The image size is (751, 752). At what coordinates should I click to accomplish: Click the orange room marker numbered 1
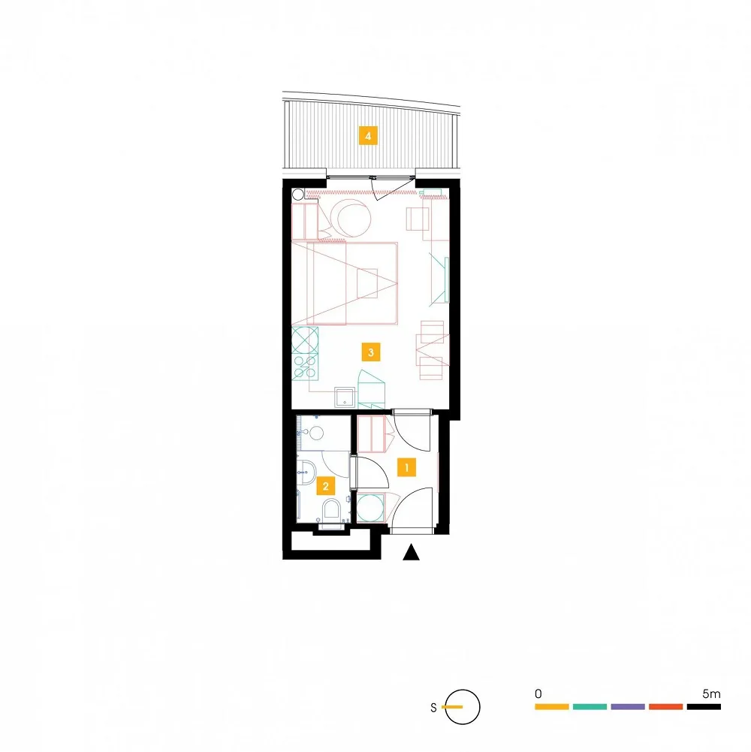point(406,467)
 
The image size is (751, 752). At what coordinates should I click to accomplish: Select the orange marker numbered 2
point(326,486)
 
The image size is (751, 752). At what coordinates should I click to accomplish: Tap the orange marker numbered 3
point(371,352)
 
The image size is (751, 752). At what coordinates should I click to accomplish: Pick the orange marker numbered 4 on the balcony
point(368,136)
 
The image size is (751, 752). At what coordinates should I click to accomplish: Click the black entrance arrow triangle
point(411,552)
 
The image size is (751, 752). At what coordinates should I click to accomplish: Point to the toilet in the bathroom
point(331,512)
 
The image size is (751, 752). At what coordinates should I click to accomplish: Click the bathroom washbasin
point(306,472)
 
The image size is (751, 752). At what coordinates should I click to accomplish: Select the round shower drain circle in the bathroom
point(316,433)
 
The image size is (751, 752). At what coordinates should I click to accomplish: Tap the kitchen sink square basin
point(345,397)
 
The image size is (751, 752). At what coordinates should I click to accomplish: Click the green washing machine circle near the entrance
point(369,508)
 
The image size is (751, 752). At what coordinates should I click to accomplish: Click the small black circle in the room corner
point(298,195)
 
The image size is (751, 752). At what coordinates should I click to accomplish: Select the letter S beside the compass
point(433,708)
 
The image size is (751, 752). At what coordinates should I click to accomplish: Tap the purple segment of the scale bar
point(628,706)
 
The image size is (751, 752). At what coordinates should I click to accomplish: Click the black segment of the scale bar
point(704,706)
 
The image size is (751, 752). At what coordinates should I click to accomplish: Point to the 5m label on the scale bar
point(711,693)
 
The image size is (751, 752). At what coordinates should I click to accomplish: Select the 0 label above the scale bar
point(538,693)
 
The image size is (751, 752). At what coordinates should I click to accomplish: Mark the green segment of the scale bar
point(590,706)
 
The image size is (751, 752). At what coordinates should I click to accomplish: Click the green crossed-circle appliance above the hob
point(305,340)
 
